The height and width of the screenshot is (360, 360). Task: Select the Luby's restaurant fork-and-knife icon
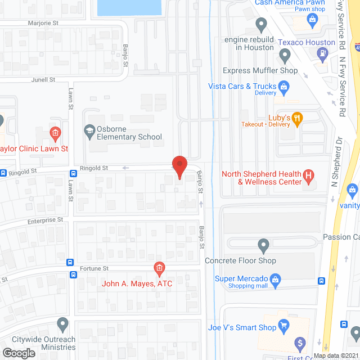[x=298, y=118]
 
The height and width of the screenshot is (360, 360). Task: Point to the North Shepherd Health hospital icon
[x=308, y=177]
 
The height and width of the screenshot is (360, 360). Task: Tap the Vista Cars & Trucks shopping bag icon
[x=285, y=86]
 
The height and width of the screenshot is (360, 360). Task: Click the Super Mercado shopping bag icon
[x=276, y=278]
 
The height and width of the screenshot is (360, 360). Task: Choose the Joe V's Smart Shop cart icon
[x=284, y=325]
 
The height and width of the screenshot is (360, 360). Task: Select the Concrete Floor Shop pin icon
[x=263, y=245]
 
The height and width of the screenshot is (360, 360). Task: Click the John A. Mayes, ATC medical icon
[x=159, y=268]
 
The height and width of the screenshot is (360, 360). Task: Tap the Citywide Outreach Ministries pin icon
[x=63, y=325]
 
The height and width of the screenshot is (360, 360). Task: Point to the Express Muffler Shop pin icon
[x=285, y=56]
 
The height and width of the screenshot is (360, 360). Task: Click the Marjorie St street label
[x=44, y=24]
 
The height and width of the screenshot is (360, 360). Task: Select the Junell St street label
[x=43, y=80]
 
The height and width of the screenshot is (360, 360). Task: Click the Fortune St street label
[x=93, y=269]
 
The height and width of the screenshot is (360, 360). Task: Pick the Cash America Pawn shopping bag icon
[x=312, y=19]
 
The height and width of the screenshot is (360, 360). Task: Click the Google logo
[x=19, y=353]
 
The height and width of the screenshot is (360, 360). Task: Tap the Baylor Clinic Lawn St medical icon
[x=55, y=133]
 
